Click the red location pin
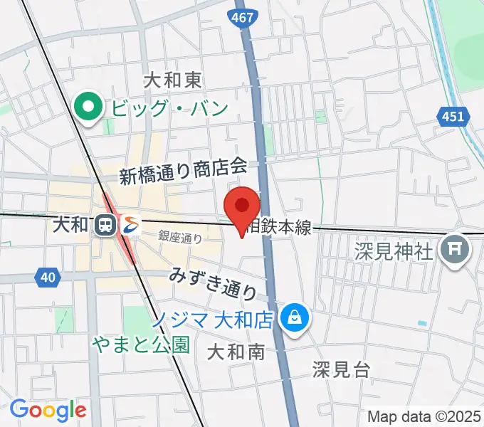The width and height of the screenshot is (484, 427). coord(241,207)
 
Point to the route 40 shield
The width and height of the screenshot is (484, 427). coord(46,277)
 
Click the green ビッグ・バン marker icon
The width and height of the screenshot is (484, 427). coord(89,108)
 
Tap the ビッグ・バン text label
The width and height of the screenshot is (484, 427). coord(169,109)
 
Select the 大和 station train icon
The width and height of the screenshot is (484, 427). coord(105,225)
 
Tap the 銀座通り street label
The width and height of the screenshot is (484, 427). coord(180,238)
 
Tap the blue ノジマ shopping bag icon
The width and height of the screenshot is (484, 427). coord(293,317)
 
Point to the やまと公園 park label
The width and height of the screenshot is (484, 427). coord(141,344)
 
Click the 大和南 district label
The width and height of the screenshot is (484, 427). coord(236,351)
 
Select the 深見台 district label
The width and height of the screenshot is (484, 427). coord(341,369)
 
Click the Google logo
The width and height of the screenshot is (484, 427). coord(48,410)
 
